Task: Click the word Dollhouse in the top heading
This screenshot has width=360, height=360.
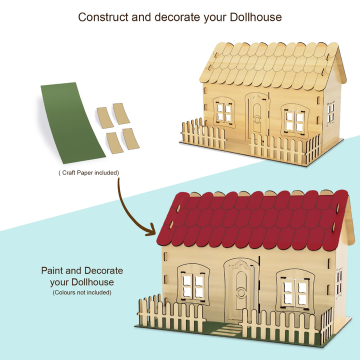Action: [x=255, y=17]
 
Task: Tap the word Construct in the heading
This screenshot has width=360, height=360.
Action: [x=102, y=17]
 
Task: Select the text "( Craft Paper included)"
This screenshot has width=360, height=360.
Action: [x=88, y=173]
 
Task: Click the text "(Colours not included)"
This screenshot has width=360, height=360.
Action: [x=82, y=292]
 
